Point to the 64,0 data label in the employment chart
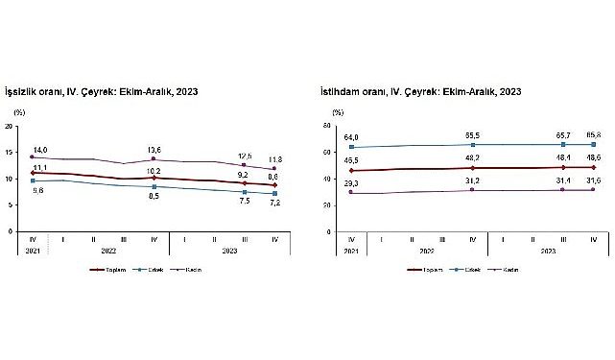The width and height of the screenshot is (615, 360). (x=353, y=138)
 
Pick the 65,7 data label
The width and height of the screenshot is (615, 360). (x=563, y=136)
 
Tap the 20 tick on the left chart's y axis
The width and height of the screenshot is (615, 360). (x=9, y=126)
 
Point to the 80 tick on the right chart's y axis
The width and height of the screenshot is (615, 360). (x=325, y=126)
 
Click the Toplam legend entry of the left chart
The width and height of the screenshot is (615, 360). (x=110, y=270)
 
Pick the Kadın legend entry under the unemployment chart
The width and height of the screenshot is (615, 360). (x=190, y=270)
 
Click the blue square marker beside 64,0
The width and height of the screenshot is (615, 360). (x=353, y=148)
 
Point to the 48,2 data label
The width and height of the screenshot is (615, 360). (x=473, y=156)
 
